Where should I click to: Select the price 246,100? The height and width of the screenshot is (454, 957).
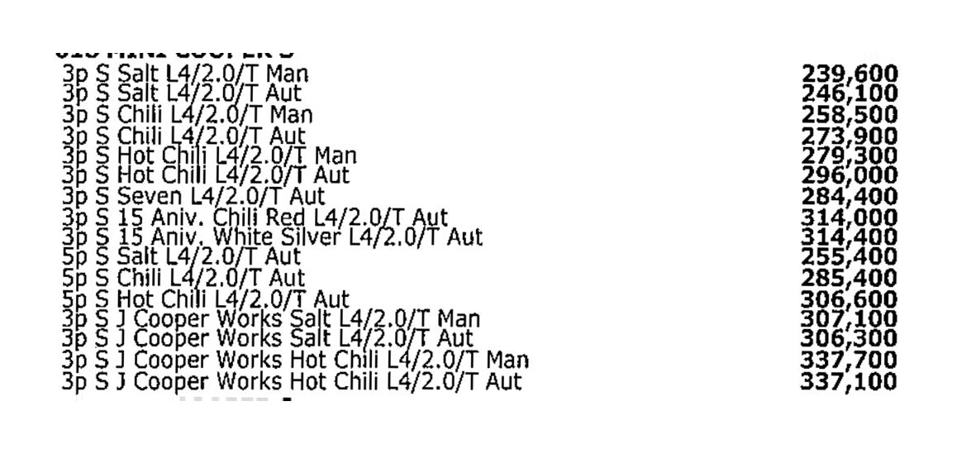[850, 93]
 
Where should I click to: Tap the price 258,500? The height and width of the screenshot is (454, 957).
[850, 113]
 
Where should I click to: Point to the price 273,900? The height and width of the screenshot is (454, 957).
[850, 134]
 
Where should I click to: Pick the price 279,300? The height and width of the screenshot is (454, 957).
[850, 155]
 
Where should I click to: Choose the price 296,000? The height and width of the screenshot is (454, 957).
[850, 174]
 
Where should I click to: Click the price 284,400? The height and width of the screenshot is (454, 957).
[850, 196]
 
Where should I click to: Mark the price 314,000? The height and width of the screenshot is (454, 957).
[850, 217]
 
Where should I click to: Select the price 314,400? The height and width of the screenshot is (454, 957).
[850, 237]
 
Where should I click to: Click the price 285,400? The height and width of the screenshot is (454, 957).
[850, 277]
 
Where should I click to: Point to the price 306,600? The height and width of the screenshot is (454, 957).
[850, 298]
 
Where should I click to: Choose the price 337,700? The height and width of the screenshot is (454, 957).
[850, 360]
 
